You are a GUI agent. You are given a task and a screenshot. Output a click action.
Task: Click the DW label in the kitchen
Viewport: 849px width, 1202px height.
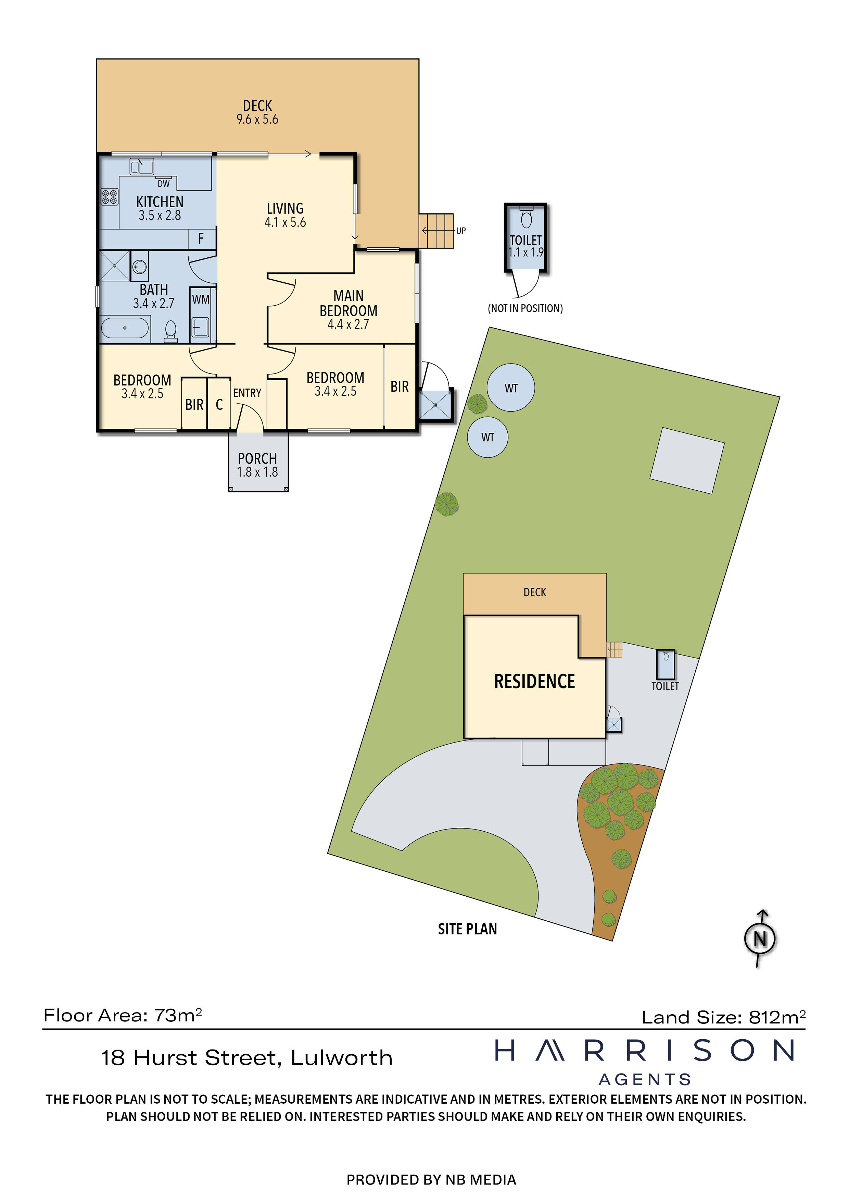pyautogui.click(x=163, y=184)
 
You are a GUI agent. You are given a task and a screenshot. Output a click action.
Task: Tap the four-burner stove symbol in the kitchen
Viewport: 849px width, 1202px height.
pyautogui.click(x=109, y=197)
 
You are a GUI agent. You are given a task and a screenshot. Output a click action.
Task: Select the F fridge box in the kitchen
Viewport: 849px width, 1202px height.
pyautogui.click(x=201, y=239)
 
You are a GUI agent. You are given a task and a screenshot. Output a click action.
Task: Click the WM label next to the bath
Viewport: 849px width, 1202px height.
pyautogui.click(x=201, y=299)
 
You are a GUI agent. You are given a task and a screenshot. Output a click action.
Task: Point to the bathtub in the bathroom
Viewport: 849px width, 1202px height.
pyautogui.click(x=125, y=328)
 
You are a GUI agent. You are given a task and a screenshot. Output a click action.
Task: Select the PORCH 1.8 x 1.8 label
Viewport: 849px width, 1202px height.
pyautogui.click(x=257, y=465)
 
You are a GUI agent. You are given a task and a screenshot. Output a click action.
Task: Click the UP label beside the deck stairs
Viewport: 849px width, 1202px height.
pyautogui.click(x=460, y=231)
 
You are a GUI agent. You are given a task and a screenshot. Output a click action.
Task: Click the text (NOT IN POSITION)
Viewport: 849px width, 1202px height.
pyautogui.click(x=525, y=308)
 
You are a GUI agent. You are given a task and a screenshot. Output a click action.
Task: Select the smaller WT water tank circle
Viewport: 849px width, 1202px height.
pyautogui.click(x=487, y=437)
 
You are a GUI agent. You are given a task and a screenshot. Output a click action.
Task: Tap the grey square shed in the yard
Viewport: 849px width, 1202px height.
pyautogui.click(x=687, y=461)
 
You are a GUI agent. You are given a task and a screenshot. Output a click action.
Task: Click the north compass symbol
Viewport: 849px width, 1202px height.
pyautogui.click(x=760, y=939)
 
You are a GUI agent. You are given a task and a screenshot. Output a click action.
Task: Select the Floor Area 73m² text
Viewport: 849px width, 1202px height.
pyautogui.click(x=123, y=1016)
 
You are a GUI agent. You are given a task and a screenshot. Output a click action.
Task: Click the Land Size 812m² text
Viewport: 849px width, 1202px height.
pyautogui.click(x=723, y=1017)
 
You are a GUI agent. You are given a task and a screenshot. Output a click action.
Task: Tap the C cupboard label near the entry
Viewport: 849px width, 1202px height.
pyautogui.click(x=219, y=404)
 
